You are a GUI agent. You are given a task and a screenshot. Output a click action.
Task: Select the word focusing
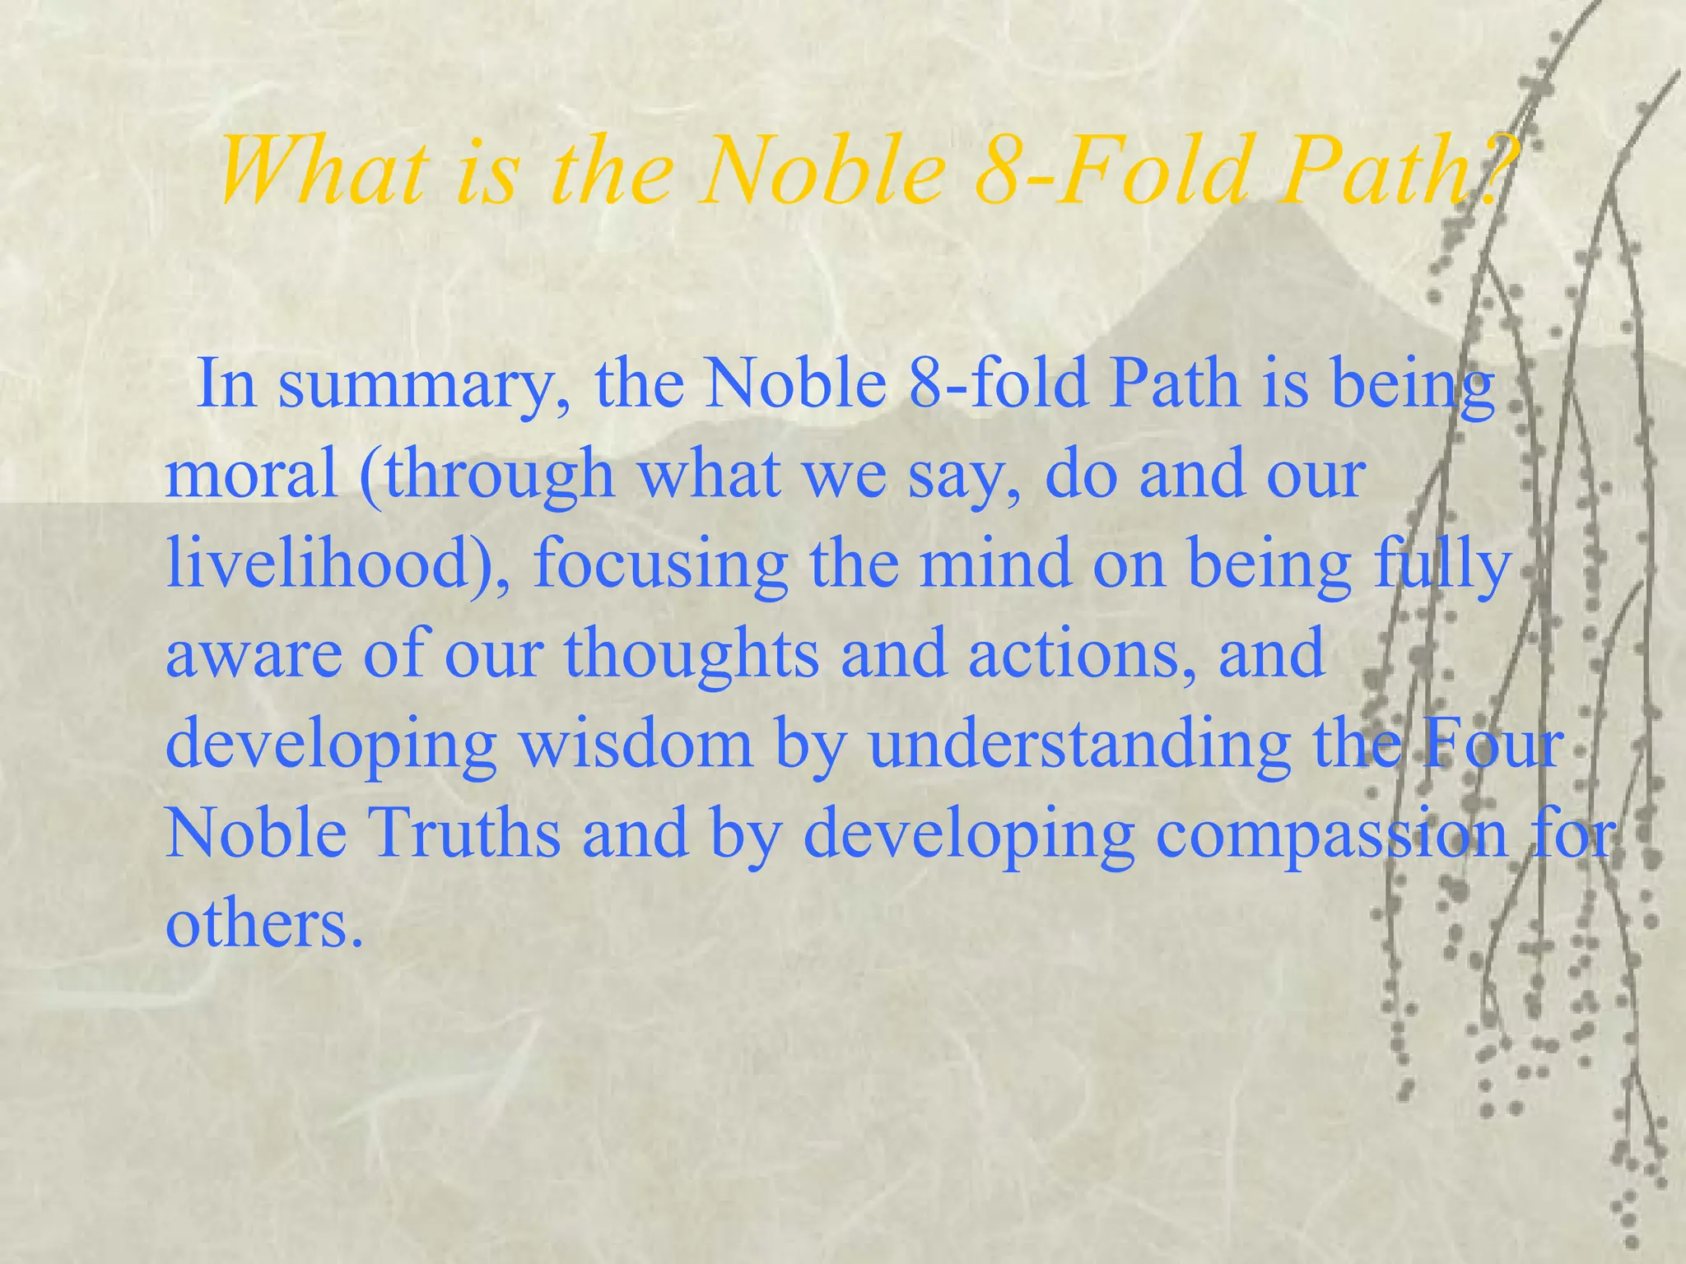[659, 567]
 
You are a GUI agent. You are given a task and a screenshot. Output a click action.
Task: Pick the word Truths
[465, 834]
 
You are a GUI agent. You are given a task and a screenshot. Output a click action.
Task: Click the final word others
[263, 924]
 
